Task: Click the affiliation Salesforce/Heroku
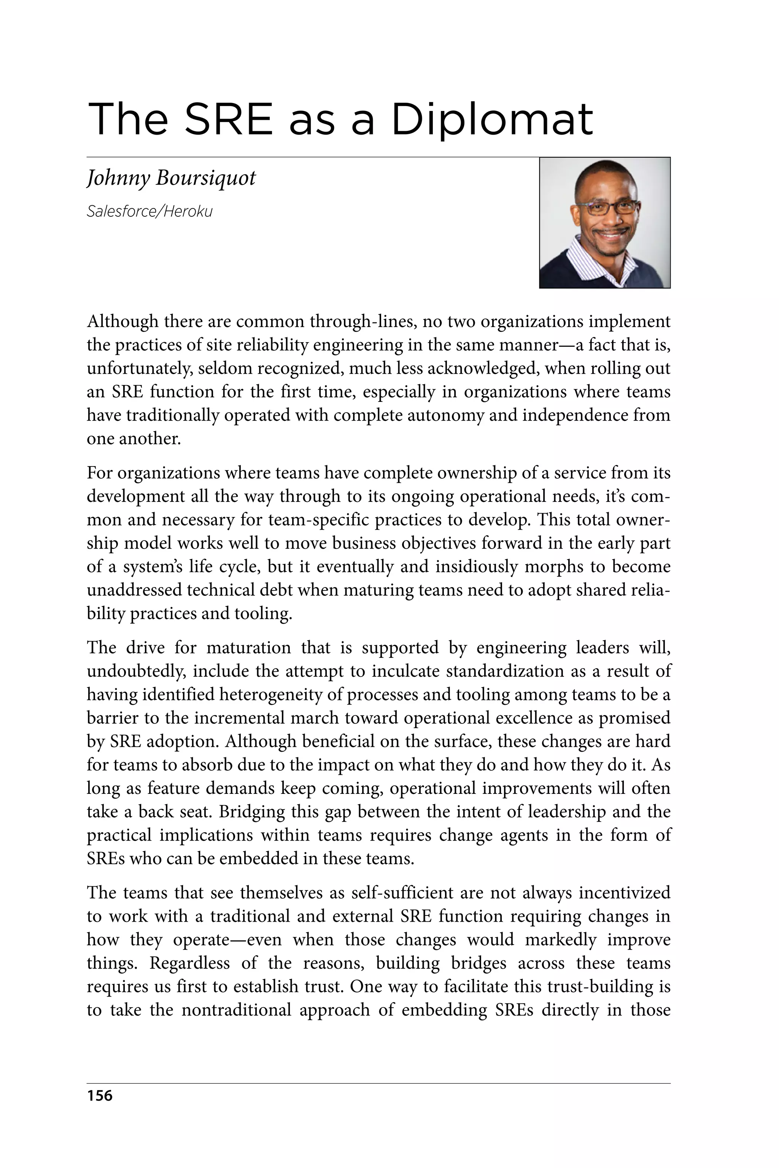(x=149, y=211)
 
